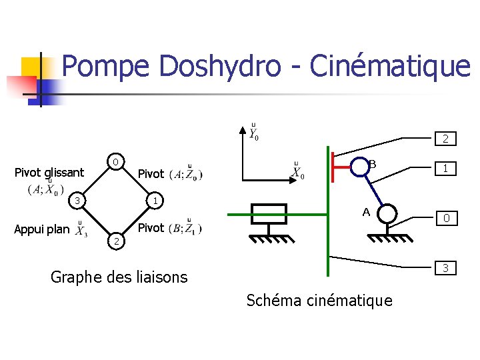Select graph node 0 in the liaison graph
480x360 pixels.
(x=115, y=162)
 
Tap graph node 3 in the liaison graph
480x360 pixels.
(x=77, y=201)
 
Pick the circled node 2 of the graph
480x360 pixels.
(x=115, y=239)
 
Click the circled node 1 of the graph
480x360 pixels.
(x=154, y=201)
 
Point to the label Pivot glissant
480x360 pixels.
(x=49, y=173)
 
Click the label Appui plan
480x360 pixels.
(x=42, y=229)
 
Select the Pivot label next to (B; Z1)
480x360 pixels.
(x=151, y=228)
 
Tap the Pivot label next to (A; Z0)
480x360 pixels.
(x=151, y=174)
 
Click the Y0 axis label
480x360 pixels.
(x=254, y=133)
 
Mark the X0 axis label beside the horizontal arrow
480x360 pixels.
(x=297, y=171)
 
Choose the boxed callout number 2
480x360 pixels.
(x=445, y=139)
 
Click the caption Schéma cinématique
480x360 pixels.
(x=319, y=301)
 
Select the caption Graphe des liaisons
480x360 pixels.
(x=119, y=277)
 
